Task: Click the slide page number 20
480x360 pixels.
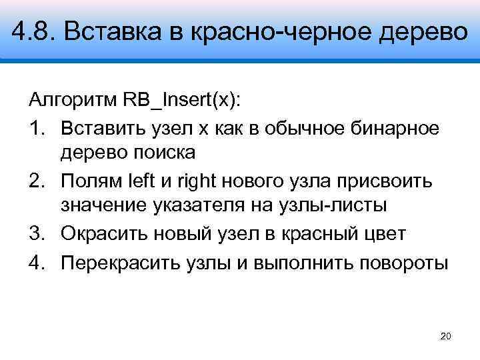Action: tap(446, 336)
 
